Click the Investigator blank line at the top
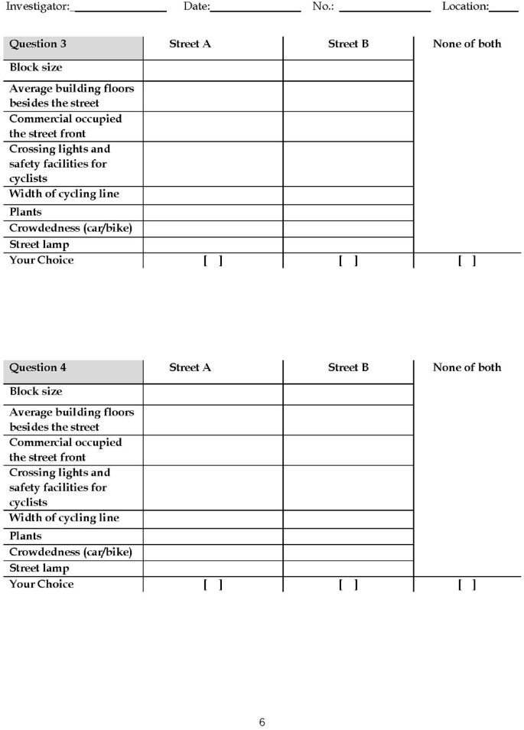(120, 9)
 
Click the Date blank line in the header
(255, 9)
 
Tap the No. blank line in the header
(385, 9)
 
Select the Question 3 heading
(37, 44)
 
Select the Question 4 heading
(37, 368)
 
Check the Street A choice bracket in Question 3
(213, 261)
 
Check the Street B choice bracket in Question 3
(348, 261)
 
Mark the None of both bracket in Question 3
(467, 261)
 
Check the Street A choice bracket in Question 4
(213, 585)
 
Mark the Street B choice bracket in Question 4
(348, 585)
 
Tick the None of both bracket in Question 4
(467, 585)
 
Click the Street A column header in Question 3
(190, 44)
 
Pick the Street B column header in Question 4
(348, 368)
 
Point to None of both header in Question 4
(467, 368)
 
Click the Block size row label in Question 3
(36, 68)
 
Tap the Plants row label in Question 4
(26, 536)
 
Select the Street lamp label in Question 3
(39, 245)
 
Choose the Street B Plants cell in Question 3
(348, 213)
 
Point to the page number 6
(262, 722)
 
